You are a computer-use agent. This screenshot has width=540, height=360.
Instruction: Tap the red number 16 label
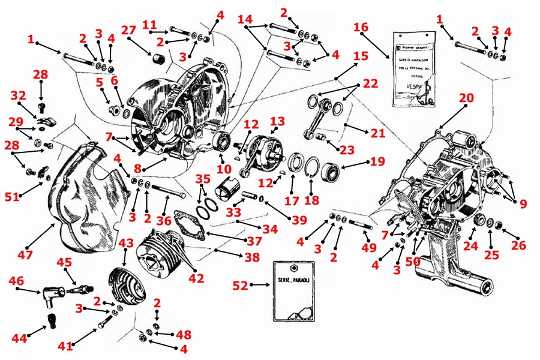point(361,28)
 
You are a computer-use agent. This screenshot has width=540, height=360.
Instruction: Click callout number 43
point(126,243)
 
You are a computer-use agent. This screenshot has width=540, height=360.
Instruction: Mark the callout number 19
point(377,161)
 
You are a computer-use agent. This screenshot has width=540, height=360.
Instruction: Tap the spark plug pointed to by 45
point(77,290)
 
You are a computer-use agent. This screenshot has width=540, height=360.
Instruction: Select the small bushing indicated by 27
point(160,60)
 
